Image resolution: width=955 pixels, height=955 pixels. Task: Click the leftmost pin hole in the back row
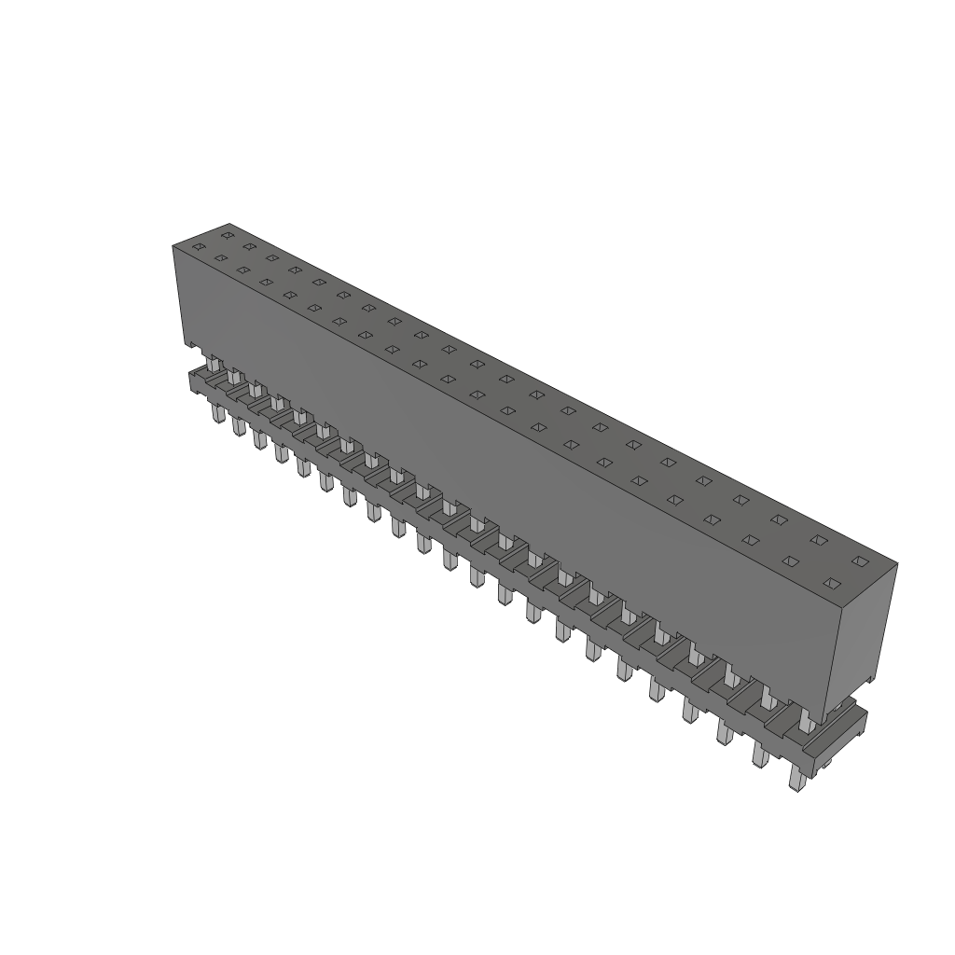[227, 235]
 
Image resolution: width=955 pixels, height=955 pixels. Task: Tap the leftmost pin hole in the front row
[198, 247]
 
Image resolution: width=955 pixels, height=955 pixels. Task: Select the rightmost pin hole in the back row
[860, 561]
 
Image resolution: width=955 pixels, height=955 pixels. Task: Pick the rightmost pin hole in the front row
[831, 584]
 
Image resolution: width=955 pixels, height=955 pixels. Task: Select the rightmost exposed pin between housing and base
[805, 721]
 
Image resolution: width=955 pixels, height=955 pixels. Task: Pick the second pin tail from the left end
[238, 425]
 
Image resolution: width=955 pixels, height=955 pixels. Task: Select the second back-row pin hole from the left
[249, 246]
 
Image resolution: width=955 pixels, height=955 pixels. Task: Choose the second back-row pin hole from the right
[819, 540]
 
